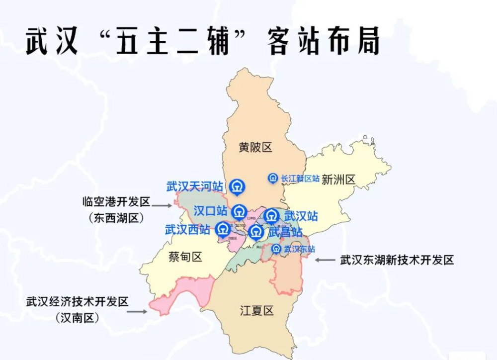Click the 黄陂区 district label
pyautogui.click(x=255, y=148)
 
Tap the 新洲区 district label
pyautogui.click(x=338, y=180)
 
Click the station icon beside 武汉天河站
pyautogui.click(x=237, y=186)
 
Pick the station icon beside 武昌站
pyautogui.click(x=256, y=232)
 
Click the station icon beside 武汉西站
pyautogui.click(x=222, y=229)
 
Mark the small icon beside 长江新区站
pyautogui.click(x=272, y=178)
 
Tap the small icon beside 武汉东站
pyautogui.click(x=276, y=249)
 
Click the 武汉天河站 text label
pyautogui.click(x=194, y=186)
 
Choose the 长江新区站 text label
pyautogui.click(x=300, y=179)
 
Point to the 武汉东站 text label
pyautogui.click(x=300, y=249)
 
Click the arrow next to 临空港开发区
pyautogui.click(x=162, y=204)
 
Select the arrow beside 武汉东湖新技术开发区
pyautogui.click(x=326, y=260)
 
